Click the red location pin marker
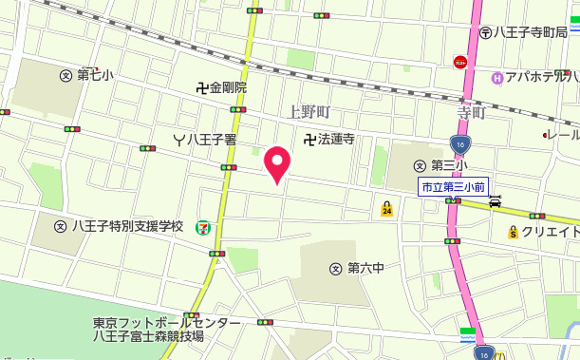[276, 164]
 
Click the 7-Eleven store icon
[203, 227]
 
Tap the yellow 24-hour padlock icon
[386, 208]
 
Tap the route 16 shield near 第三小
[459, 144]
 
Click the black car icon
[496, 201]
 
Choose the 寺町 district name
[471, 113]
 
